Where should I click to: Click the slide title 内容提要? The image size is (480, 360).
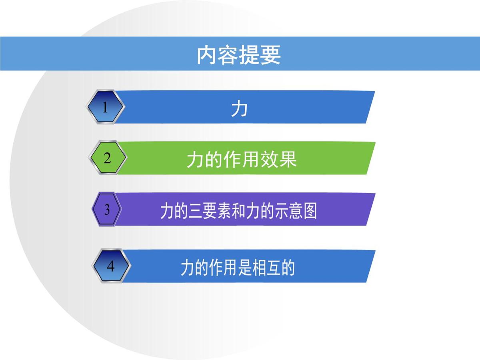(239, 55)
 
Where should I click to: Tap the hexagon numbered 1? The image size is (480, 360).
(105, 107)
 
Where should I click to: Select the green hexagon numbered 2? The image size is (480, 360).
(107, 158)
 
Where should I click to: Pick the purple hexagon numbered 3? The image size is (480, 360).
(107, 210)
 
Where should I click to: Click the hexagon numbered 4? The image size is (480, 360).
(111, 266)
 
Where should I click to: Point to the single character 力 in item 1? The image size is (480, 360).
(239, 108)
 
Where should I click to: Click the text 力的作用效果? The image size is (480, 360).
(242, 160)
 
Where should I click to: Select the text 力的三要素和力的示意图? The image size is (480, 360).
(238, 211)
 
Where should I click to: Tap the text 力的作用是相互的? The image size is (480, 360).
(238, 268)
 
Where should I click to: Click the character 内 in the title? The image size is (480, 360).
(207, 55)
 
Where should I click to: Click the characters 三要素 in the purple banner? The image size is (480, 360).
(204, 211)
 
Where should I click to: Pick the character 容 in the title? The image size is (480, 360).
(228, 55)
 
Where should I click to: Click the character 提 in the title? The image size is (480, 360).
(250, 55)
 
